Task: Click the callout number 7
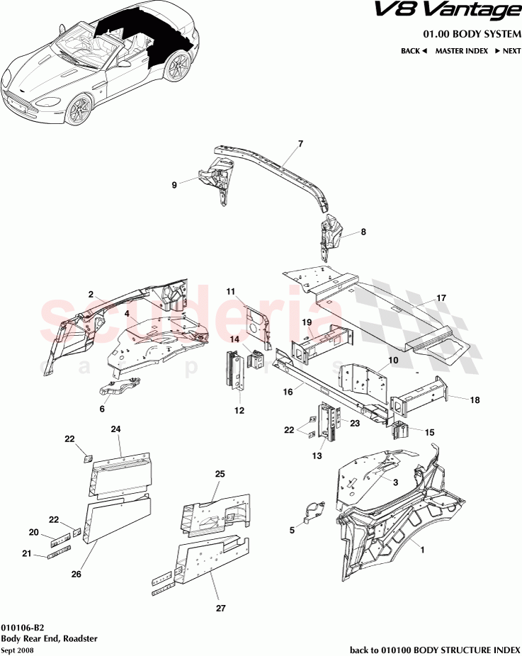[300, 144]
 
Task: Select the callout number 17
[441, 298]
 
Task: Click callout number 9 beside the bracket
[174, 186]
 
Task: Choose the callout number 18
[475, 400]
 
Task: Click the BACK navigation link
[414, 51]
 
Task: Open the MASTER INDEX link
[461, 51]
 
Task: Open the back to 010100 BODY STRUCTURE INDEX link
[436, 649]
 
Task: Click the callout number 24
[116, 429]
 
